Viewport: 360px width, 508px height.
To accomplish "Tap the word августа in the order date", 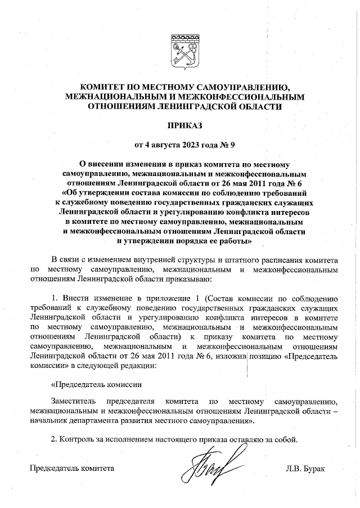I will pos(165,143).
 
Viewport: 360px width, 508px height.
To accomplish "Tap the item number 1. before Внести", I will pos(55,298).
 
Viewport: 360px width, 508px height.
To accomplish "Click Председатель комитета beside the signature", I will pos(71,468).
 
